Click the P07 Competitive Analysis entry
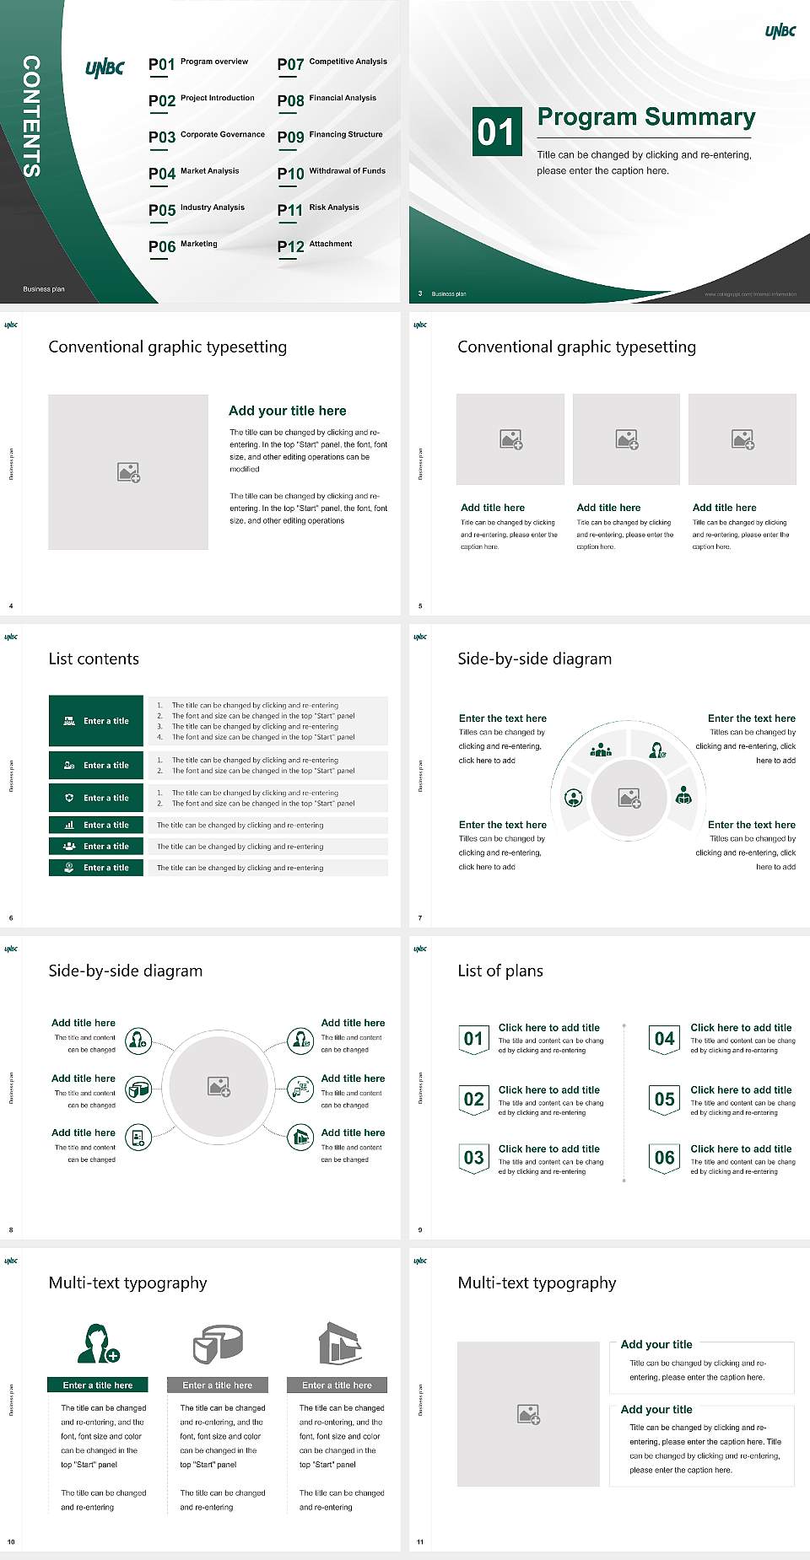(332, 63)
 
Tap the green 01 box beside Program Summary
(495, 132)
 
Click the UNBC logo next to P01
(105, 68)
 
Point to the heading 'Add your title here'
(287, 411)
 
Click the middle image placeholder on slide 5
(626, 439)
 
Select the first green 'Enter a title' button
(96, 721)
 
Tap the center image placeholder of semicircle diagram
(629, 798)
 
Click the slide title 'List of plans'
(500, 971)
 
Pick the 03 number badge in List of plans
(473, 1159)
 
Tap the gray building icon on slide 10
(340, 1343)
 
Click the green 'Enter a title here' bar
(98, 1385)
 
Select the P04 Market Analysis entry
(194, 173)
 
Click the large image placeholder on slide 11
(528, 1414)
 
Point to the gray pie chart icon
(218, 1344)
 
